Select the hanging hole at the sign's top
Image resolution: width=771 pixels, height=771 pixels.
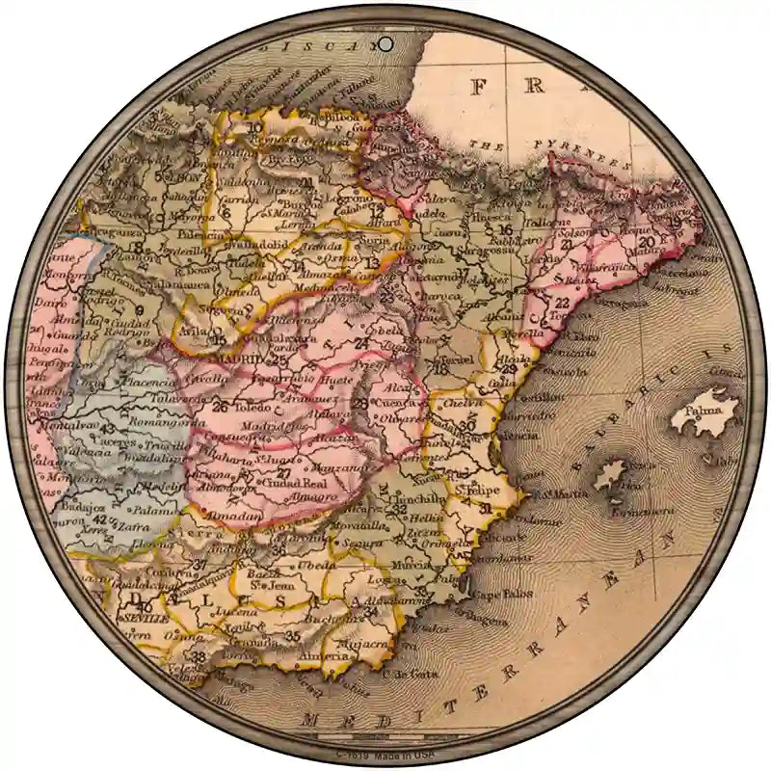385,43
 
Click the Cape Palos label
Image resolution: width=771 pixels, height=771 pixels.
499,593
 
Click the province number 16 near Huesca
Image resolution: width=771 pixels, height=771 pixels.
504,230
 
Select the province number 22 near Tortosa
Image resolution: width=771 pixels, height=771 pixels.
562,303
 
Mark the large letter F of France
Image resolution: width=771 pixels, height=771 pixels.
479,88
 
